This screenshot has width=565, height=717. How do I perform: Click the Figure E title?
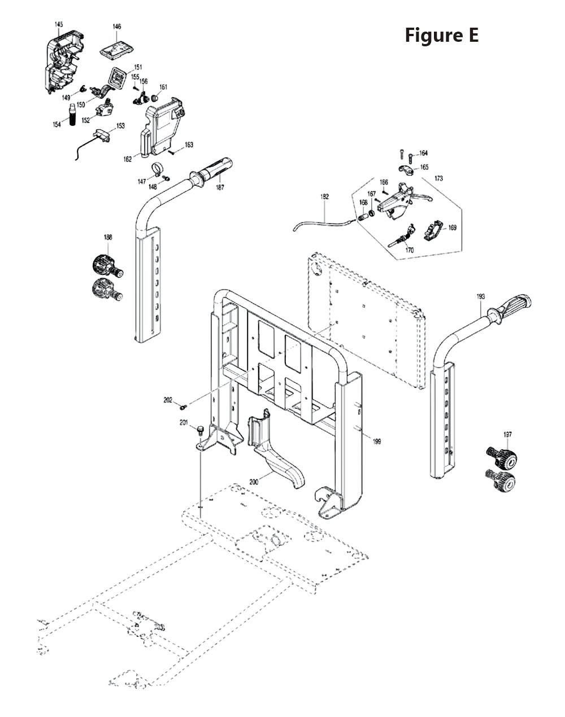click(x=441, y=35)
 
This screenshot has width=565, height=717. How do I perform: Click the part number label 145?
click(x=59, y=24)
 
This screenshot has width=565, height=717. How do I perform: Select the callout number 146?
click(x=116, y=27)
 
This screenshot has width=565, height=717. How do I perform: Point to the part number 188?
click(x=107, y=238)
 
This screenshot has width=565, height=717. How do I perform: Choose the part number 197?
click(x=507, y=434)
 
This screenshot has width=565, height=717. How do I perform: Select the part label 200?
click(x=254, y=482)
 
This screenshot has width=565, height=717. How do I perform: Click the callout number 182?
click(x=324, y=197)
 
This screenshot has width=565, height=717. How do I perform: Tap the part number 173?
click(x=438, y=178)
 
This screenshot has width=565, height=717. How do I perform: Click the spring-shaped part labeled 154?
click(x=72, y=116)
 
